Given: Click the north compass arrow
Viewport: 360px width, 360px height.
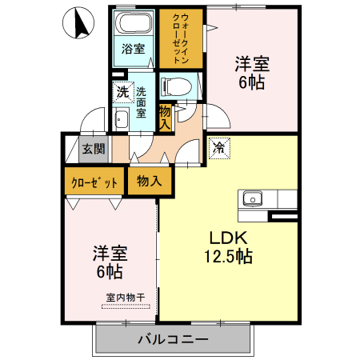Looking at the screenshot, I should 80,23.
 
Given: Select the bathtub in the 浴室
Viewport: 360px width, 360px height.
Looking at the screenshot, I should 132,23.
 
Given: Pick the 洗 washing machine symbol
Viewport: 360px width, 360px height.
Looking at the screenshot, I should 123,92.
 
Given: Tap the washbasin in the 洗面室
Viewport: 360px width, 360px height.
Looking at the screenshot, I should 122,121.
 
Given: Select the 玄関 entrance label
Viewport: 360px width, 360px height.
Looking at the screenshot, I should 93,148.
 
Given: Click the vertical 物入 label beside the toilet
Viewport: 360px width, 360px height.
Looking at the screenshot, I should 165,117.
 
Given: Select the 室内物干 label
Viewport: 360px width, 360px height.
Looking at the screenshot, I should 125,298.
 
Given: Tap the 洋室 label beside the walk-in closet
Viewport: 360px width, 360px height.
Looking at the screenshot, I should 251,62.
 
